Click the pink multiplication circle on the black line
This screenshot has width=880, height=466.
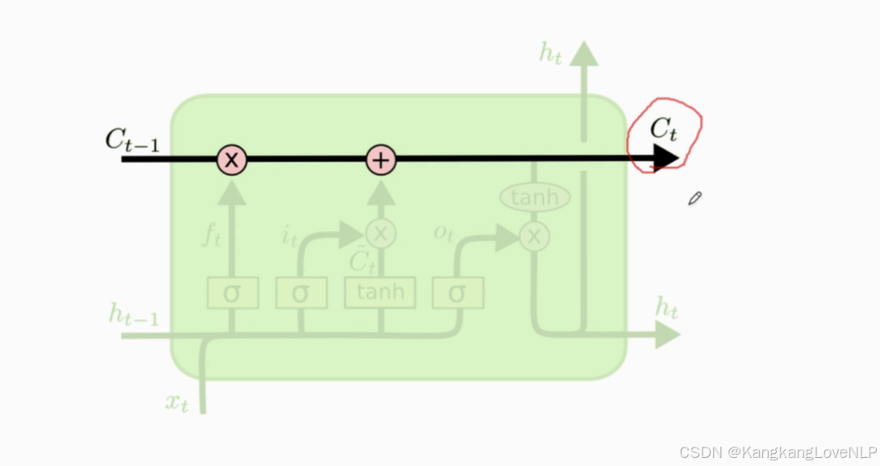pos(231,160)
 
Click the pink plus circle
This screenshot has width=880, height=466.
pos(381,160)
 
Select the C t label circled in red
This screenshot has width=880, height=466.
pos(663,130)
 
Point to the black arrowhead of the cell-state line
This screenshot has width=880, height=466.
pos(665,159)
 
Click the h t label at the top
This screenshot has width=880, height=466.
pos(551,53)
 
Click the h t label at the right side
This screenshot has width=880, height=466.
pos(666,307)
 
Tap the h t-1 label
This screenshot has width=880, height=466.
pos(133,314)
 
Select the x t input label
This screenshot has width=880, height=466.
pos(177,402)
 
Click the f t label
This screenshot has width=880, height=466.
pos(211,236)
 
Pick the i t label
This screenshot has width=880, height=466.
pos(288,235)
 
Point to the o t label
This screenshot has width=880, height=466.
pos(444,232)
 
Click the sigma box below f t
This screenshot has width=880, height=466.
pos(232,293)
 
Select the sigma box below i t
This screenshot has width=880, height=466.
pos(301,293)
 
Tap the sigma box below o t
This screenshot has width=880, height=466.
pos(457,293)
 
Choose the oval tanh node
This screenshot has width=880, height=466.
pos(535,197)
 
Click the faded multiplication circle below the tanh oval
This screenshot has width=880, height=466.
pos(533,236)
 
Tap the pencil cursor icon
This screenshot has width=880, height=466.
pos(694,198)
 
